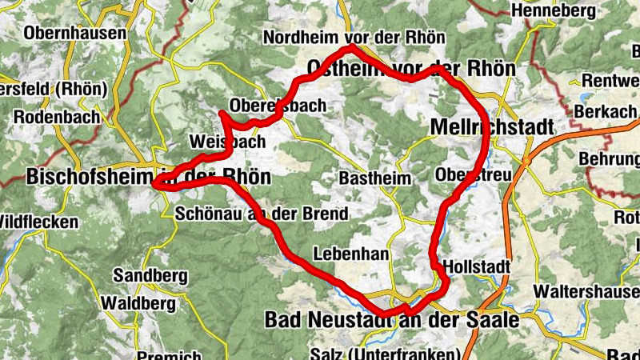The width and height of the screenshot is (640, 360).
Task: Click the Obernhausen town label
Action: [x=76, y=34]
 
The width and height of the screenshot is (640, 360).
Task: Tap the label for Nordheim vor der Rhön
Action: [x=354, y=38]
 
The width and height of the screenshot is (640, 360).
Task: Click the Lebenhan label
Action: [x=352, y=254]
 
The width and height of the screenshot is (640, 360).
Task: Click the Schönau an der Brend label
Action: [x=261, y=214]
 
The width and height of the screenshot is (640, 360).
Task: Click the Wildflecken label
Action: [x=38, y=222]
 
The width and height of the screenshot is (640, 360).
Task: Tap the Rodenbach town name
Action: [x=57, y=117]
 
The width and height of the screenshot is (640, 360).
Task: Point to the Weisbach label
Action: [x=227, y=142]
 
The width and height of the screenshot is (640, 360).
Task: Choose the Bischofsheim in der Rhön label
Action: [x=149, y=177]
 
